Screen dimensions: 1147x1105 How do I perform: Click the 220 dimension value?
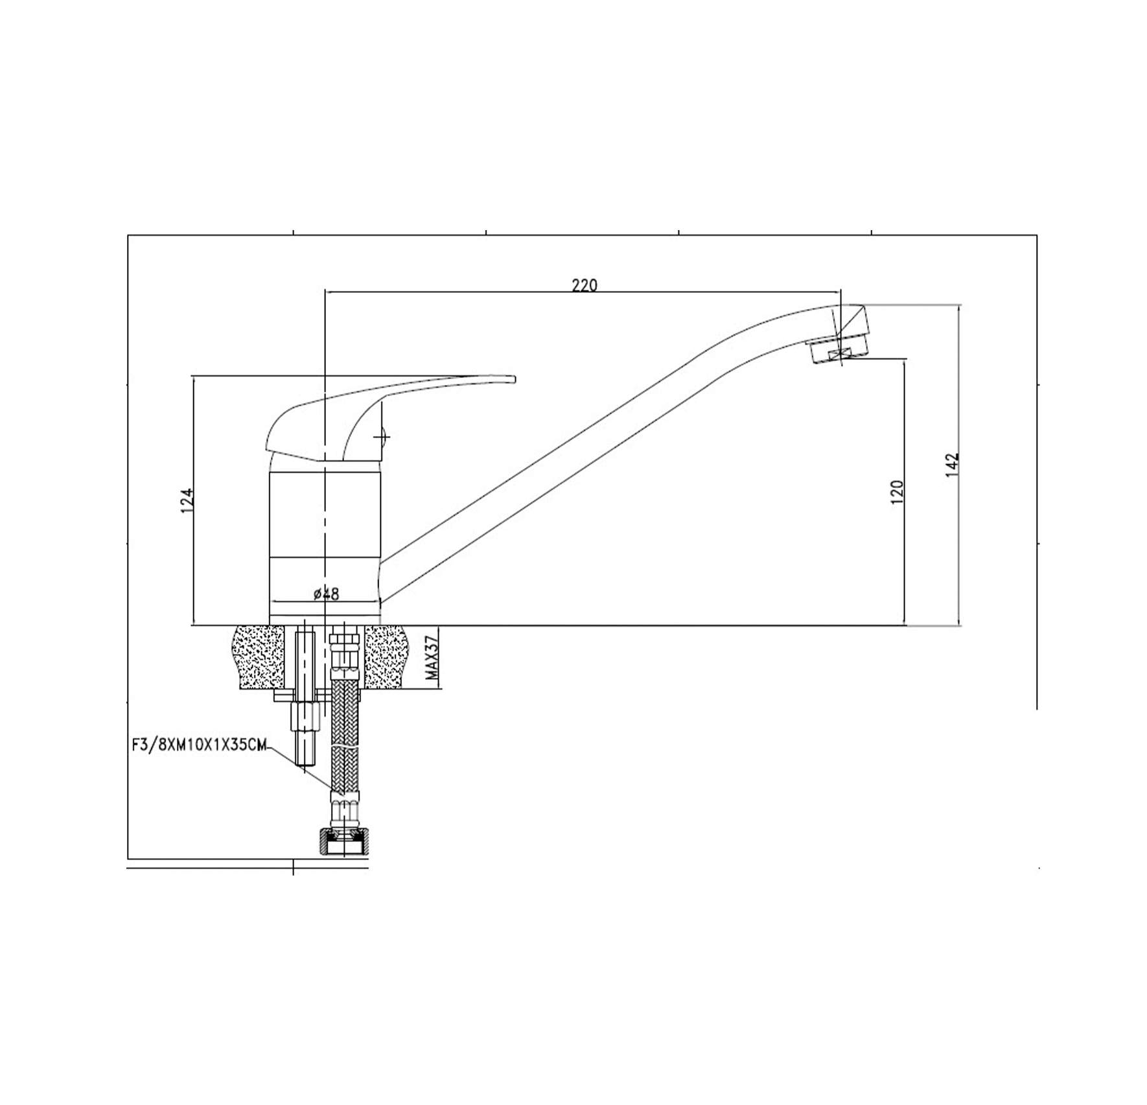(585, 285)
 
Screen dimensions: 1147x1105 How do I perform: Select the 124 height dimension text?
(187, 501)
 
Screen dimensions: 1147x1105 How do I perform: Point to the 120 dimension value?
(898, 492)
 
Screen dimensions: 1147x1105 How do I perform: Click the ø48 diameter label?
(326, 593)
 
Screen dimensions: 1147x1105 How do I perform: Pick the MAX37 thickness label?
(433, 658)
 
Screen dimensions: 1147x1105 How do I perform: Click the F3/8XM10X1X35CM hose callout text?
(199, 745)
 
